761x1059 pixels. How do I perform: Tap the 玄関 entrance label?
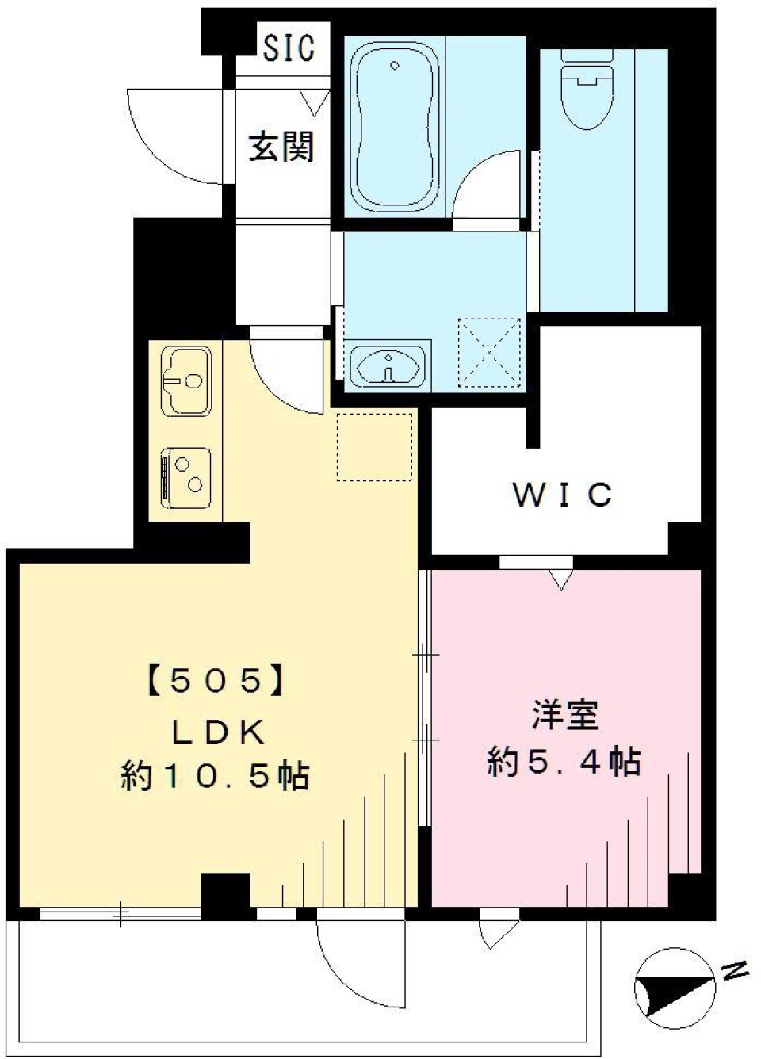[281, 147]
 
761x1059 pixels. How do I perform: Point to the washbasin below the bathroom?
[388, 366]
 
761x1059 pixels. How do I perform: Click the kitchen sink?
[187, 382]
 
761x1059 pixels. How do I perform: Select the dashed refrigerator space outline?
[375, 446]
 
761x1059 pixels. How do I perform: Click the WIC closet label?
[562, 495]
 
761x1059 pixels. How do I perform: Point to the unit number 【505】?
[215, 681]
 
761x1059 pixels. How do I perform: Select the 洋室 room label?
[564, 715]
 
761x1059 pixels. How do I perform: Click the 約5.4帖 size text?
[564, 762]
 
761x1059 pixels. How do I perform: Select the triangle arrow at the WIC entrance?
[561, 580]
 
